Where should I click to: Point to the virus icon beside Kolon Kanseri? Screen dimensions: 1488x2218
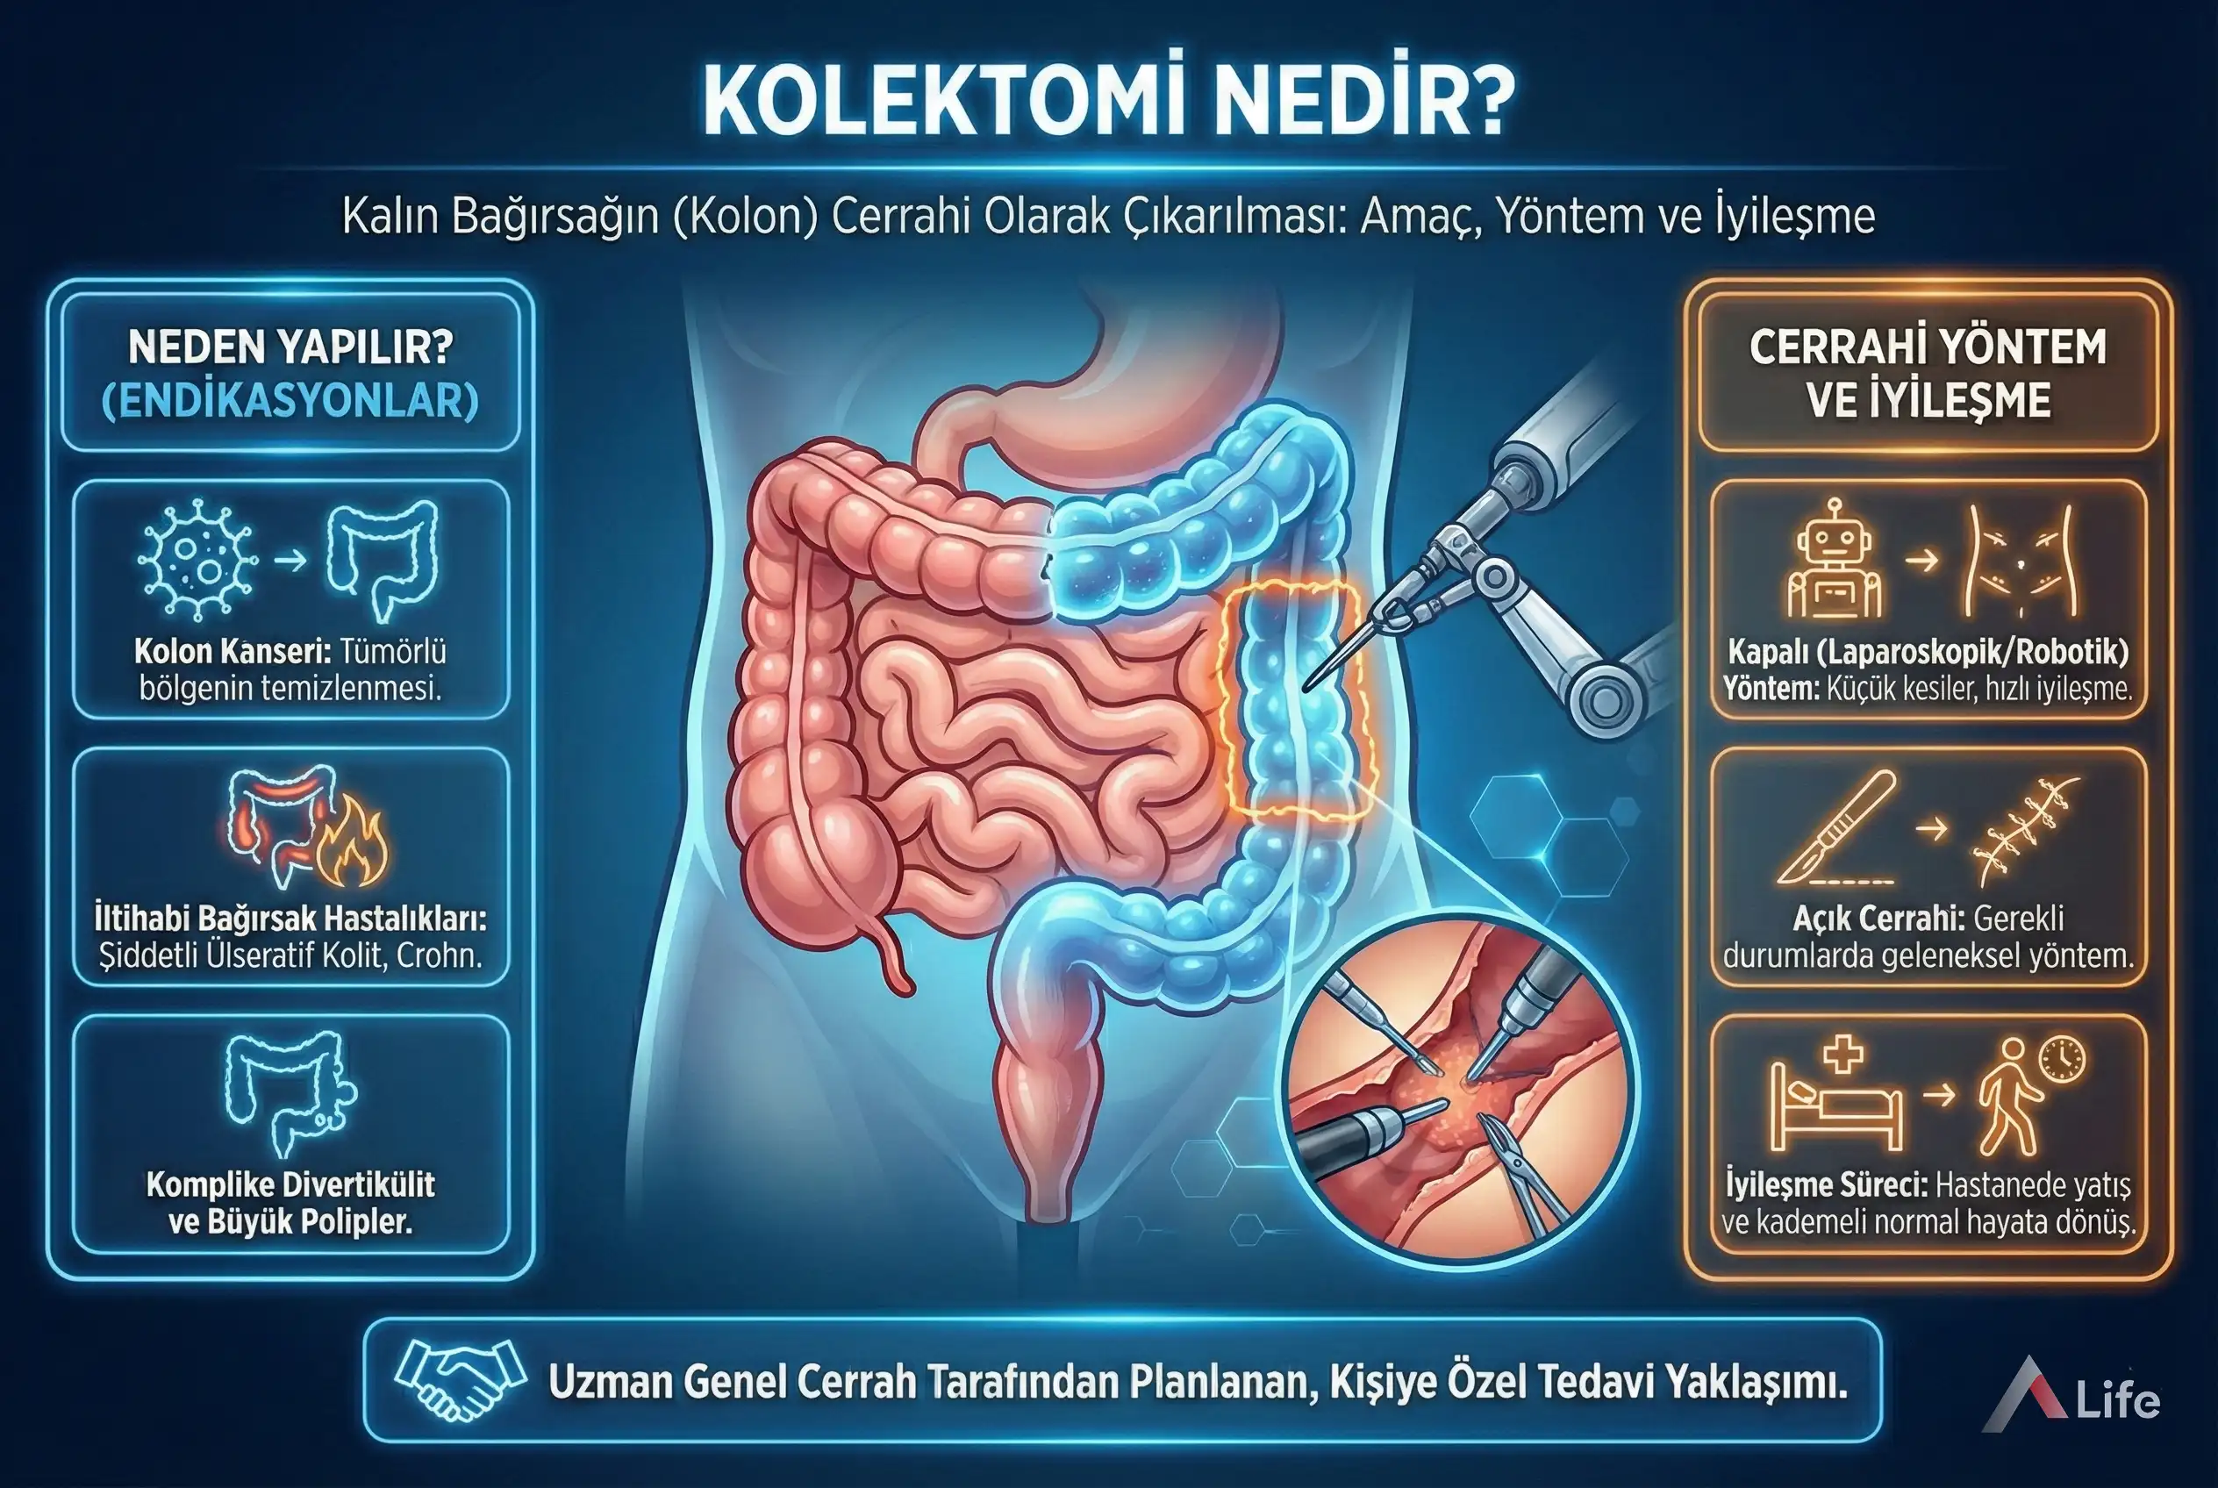point(197,560)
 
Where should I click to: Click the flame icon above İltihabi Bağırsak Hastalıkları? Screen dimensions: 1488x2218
point(353,842)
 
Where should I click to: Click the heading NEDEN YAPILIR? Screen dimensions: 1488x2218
point(290,347)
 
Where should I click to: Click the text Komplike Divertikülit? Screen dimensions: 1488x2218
point(290,1184)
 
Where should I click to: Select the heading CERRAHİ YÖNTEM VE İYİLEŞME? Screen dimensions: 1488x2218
point(1928,373)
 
